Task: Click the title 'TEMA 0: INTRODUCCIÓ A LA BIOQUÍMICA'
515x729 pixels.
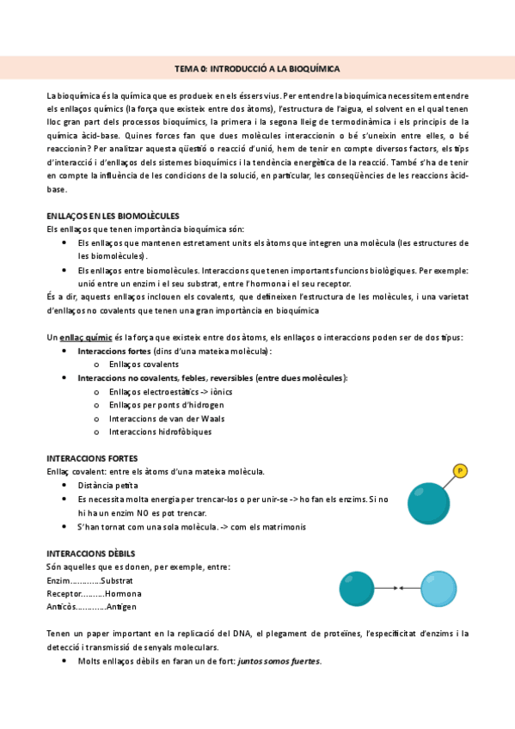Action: tap(257, 68)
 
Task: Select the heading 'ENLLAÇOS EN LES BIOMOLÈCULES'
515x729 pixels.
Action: tap(112, 215)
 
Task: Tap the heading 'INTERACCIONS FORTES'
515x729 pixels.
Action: tap(92, 458)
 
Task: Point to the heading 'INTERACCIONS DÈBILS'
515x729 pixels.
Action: tap(90, 553)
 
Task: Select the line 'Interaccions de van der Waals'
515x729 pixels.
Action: tap(167, 419)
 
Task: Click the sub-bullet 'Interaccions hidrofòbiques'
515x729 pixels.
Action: tap(160, 432)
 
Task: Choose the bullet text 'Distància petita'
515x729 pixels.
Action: tap(107, 486)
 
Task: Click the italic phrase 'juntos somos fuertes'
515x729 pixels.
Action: tap(279, 661)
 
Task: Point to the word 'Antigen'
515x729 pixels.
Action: tap(122, 607)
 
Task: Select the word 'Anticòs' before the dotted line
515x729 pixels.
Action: tap(59, 607)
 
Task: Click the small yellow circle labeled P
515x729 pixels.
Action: tap(461, 470)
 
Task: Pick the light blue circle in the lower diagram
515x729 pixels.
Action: tap(440, 589)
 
